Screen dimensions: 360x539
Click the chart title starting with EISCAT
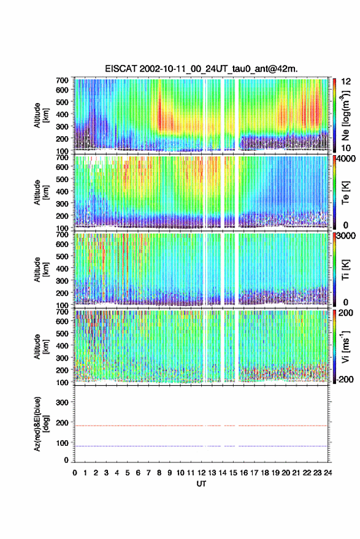point(201,69)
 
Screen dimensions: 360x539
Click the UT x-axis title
point(201,484)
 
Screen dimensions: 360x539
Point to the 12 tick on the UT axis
point(201,473)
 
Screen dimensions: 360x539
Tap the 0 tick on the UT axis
point(75,473)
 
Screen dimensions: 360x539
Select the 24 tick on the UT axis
point(327,473)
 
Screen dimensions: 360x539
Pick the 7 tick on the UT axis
point(148,473)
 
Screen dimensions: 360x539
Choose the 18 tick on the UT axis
point(264,473)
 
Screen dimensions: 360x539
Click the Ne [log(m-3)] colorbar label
point(345,115)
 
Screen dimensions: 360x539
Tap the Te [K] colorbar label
point(345,193)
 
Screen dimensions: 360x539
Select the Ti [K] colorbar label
point(345,270)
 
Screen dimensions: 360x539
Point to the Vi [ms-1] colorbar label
point(345,347)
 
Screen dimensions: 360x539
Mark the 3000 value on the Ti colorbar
point(346,235)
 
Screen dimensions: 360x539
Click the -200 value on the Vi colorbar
point(344,380)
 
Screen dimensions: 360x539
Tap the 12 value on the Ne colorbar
point(346,82)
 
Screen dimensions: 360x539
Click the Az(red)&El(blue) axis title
point(41,424)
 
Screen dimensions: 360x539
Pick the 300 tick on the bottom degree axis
point(62,402)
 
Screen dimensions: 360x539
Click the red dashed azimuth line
point(201,426)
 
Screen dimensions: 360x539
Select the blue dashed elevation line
point(201,446)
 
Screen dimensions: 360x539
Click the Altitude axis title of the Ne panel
point(41,115)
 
